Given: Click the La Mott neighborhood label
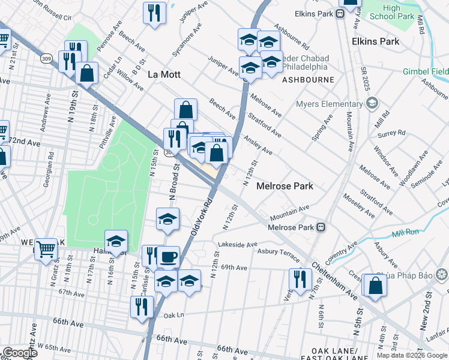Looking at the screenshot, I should (x=164, y=74).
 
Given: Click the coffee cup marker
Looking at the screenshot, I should (x=168, y=257).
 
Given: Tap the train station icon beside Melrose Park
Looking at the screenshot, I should (x=321, y=227).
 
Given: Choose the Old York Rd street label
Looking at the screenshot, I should (x=202, y=219).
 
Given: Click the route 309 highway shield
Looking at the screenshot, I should (x=46, y=59).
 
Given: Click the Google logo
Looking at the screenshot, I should (x=19, y=353).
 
